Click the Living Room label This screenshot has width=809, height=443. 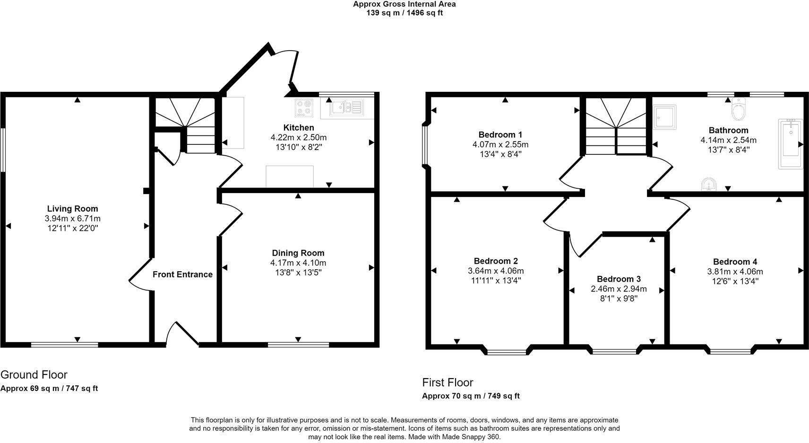[x=72, y=209]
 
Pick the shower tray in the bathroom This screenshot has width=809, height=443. [x=664, y=117]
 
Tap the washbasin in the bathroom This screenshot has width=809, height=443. [x=709, y=184]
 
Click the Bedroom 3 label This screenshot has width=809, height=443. [x=619, y=279]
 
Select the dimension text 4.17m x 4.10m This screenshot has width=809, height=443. [x=298, y=263]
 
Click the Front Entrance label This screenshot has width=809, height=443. [x=182, y=275]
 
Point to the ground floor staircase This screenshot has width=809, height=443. [x=185, y=124]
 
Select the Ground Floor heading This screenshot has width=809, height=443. [x=34, y=375]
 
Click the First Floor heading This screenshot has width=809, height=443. [x=447, y=382]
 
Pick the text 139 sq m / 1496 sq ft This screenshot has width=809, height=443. [x=404, y=13]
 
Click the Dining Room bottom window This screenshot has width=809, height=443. [x=298, y=345]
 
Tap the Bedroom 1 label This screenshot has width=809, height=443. [x=500, y=134]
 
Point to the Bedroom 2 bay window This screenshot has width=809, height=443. [x=506, y=352]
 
